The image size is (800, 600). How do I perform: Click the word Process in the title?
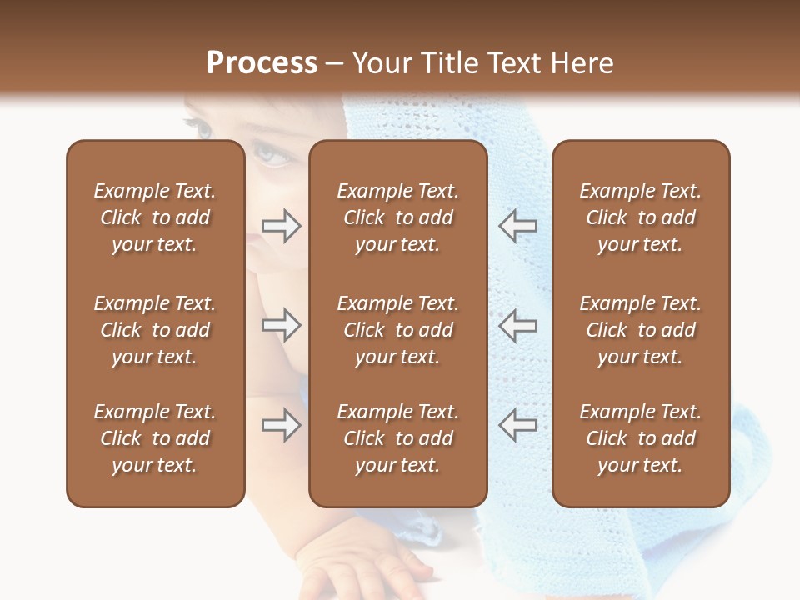[262, 63]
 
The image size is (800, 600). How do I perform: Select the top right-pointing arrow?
[281, 226]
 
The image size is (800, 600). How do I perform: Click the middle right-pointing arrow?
[281, 325]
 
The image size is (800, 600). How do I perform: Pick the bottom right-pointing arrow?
[281, 425]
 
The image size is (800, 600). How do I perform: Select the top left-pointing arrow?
[518, 226]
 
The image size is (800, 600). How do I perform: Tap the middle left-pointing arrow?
[518, 325]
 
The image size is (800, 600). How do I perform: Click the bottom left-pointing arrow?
[518, 425]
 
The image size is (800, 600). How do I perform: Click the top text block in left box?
[155, 217]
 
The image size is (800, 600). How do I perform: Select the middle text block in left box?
[155, 330]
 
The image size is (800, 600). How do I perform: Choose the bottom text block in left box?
[155, 438]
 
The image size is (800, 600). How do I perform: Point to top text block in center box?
[397, 217]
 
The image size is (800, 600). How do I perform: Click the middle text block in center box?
[397, 330]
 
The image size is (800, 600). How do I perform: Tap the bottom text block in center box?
[397, 438]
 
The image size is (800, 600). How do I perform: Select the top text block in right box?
[640, 217]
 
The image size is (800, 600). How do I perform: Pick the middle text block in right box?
[640, 330]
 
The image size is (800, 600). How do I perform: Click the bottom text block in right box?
[640, 438]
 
